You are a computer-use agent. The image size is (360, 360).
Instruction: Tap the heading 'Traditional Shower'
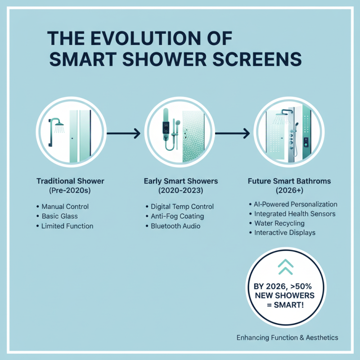click(x=70, y=181)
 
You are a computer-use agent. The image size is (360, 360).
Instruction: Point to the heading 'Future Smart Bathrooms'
click(x=289, y=181)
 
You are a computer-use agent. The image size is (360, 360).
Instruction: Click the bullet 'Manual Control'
click(x=65, y=207)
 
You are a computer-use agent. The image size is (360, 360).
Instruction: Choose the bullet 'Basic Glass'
click(x=60, y=216)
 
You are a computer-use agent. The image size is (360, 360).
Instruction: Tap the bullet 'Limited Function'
click(x=67, y=226)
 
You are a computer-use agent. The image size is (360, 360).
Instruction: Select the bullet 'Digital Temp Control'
click(x=182, y=207)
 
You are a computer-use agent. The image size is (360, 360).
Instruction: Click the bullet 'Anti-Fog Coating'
click(x=177, y=216)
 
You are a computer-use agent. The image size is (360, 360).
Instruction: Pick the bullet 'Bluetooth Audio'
click(x=175, y=226)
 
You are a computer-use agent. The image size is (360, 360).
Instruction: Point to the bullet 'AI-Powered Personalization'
click(x=296, y=204)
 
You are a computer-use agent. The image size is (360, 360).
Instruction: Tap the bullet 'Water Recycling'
click(x=279, y=223)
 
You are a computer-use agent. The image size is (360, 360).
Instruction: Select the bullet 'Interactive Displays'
click(x=284, y=233)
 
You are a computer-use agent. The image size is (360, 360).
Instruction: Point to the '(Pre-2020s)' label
click(x=70, y=191)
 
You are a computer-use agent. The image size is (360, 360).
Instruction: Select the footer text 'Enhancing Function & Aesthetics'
click(x=287, y=337)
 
